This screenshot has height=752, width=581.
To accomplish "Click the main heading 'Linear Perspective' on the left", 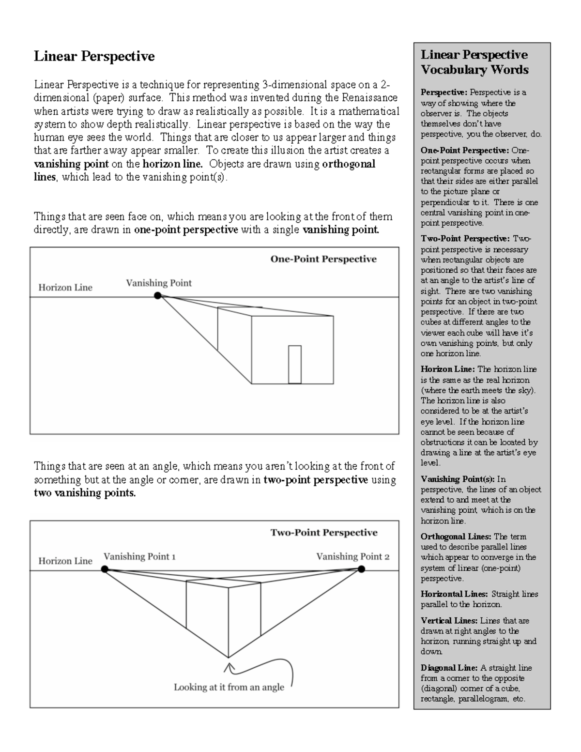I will [94, 56].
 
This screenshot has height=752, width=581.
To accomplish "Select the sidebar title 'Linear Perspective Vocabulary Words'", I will [474, 62].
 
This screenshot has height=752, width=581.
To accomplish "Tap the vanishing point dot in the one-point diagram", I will [157, 295].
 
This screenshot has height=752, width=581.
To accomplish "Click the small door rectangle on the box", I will [294, 364].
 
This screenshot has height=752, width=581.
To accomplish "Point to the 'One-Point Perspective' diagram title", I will [323, 259].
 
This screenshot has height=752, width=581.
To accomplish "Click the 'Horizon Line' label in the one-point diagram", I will [65, 287].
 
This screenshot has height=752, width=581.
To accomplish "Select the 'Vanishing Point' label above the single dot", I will [159, 283].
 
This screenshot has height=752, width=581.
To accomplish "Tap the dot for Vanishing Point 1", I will [105, 569].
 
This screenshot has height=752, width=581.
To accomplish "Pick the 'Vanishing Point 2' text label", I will [352, 556].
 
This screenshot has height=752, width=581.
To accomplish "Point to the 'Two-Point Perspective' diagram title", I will [323, 533].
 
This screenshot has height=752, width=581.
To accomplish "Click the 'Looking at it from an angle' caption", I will [229, 687].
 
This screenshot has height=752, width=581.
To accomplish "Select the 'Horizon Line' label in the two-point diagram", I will [65, 561].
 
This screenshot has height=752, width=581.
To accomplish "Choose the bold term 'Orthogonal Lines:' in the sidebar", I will [456, 537].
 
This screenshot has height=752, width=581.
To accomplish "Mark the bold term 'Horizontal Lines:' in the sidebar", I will [454, 594].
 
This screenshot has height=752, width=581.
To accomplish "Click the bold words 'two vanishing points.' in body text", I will [85, 493].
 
